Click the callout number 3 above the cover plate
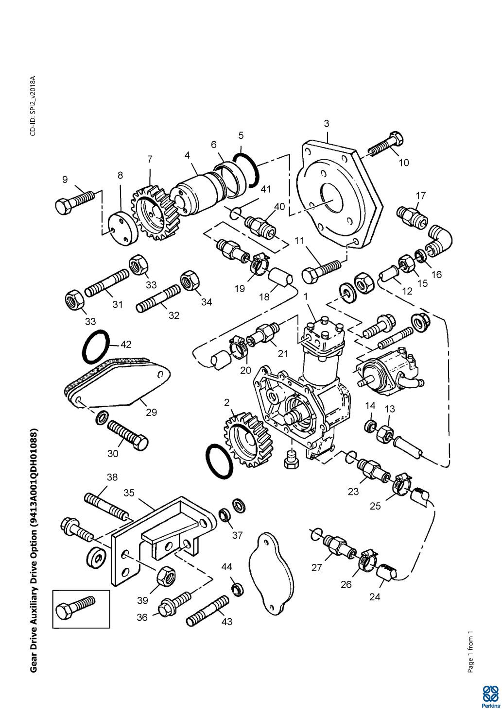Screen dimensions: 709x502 tap(327, 124)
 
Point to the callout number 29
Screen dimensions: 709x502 tap(151, 412)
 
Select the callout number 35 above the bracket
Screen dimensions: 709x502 tap(129, 493)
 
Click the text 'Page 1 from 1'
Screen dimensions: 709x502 tap(470, 652)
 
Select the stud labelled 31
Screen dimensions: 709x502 tap(107, 283)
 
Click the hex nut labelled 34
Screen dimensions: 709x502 tap(189, 280)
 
